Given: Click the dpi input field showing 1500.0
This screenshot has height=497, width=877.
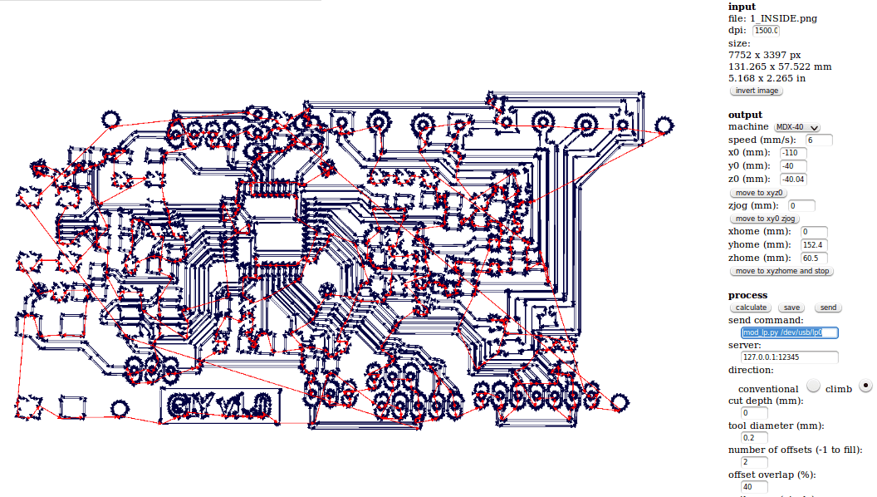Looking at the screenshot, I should click(x=766, y=31).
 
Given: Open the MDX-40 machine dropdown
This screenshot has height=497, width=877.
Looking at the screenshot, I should click(x=796, y=127).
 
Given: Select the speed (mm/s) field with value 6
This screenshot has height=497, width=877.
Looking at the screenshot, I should click(x=819, y=140).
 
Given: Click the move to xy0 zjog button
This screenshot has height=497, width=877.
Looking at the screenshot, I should click(x=765, y=219).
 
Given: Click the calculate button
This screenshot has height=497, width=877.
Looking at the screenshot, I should click(x=751, y=308).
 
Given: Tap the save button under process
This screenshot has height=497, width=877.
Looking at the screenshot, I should click(x=791, y=308).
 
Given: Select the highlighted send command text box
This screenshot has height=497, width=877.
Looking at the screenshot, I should click(x=789, y=332).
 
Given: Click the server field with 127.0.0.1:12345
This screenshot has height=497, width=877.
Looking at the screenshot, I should click(x=789, y=357).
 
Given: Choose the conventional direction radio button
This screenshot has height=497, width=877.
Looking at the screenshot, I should click(x=813, y=386).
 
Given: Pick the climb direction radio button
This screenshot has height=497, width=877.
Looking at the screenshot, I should click(x=866, y=386).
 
